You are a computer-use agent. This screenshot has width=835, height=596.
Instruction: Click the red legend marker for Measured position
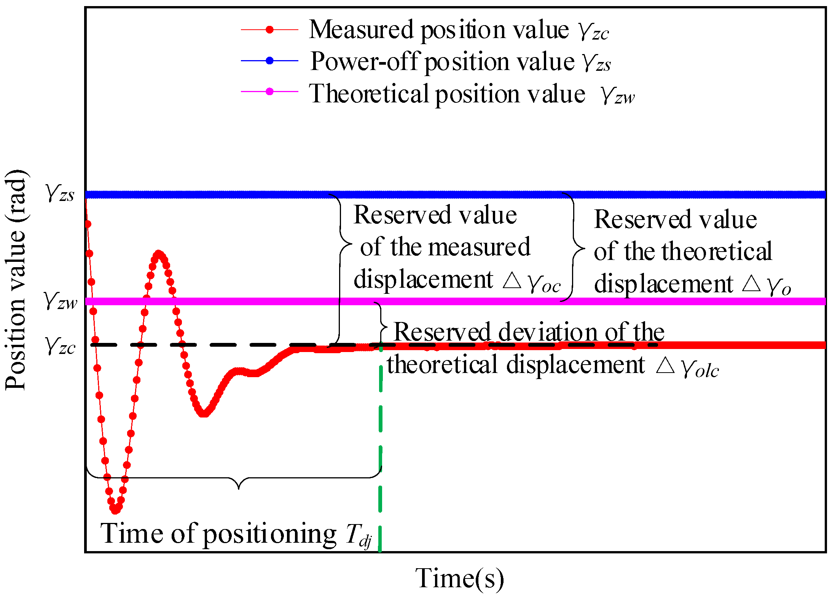click(x=269, y=29)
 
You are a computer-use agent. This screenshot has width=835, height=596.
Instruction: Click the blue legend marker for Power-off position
click(x=269, y=61)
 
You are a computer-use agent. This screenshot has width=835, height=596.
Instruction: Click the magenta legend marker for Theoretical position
click(x=269, y=91)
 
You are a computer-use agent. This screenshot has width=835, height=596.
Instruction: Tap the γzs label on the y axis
click(x=60, y=193)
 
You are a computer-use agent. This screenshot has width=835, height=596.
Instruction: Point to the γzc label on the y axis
click(x=60, y=346)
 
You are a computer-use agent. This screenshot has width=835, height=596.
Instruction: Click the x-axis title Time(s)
click(x=459, y=578)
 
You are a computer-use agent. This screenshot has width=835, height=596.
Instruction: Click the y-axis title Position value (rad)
click(x=16, y=280)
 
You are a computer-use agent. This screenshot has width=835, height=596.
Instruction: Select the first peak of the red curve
click(x=159, y=254)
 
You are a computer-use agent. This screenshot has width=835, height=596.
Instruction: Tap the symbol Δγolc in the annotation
click(x=687, y=367)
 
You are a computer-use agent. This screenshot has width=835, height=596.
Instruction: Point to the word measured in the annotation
click(x=479, y=247)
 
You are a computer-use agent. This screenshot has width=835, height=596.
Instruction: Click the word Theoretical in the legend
click(x=369, y=94)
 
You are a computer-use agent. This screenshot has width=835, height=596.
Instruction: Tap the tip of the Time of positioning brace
click(x=239, y=488)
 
